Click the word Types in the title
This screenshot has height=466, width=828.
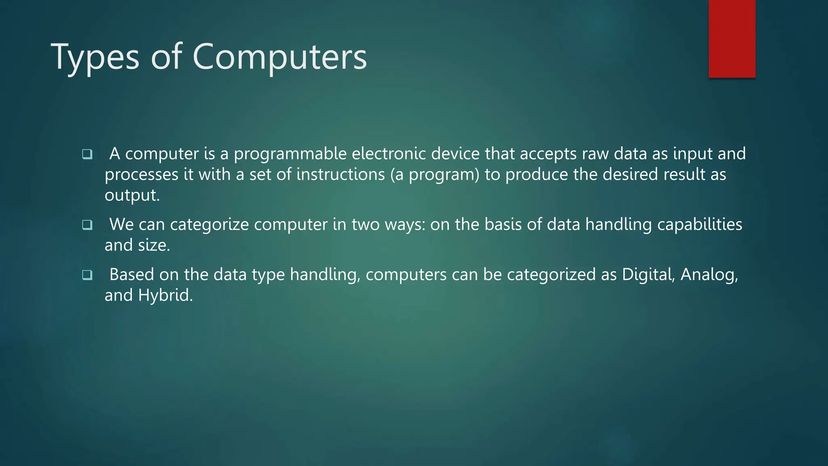coord(95,57)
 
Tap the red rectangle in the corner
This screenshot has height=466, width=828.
coord(732,38)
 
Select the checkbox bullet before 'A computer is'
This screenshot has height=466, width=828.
coord(87,154)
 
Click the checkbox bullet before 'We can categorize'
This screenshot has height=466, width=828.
coord(87,225)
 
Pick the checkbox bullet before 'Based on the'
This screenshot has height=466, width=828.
coord(87,275)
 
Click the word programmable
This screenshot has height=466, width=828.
coord(290,154)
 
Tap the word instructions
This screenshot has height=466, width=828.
coord(340,175)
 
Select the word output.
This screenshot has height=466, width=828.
coord(132,195)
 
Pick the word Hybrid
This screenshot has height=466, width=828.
coord(165,296)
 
